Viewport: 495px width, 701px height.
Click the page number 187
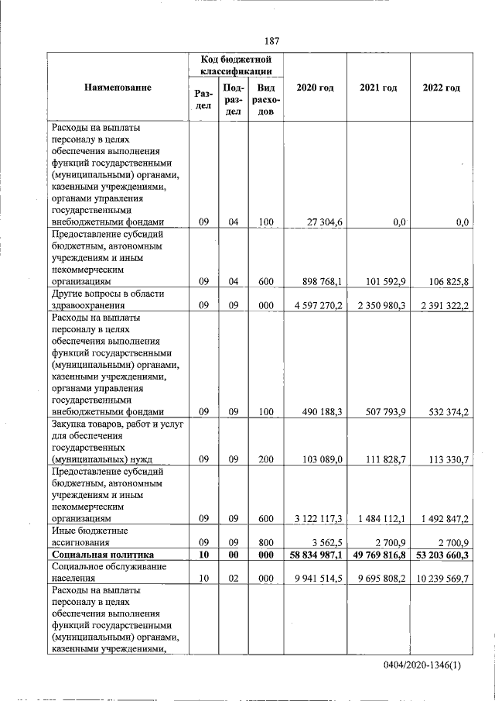[271, 40]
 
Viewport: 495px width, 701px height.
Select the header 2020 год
[315, 88]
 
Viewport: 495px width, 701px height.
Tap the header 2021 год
[378, 88]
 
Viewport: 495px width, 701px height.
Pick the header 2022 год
[441, 88]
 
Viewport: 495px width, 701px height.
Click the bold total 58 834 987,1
[315, 555]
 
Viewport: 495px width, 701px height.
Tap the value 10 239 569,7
[442, 578]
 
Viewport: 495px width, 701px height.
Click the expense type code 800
[266, 542]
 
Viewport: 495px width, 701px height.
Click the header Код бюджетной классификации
[234, 64]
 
